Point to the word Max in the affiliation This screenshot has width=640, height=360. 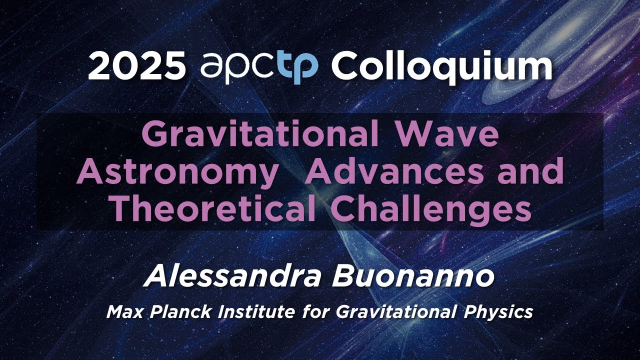pos(122,312)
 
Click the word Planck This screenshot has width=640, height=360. pos(172,312)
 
